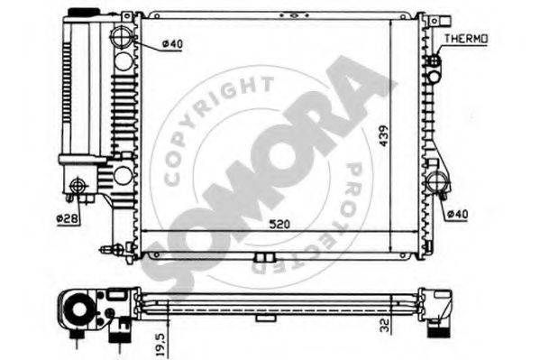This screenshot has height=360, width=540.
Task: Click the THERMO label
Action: (x=465, y=39)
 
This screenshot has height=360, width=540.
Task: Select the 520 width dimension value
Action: (x=279, y=225)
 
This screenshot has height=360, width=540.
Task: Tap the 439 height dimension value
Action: (x=384, y=136)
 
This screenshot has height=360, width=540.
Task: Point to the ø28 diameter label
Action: (x=68, y=218)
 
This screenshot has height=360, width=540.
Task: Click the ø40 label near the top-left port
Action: (x=172, y=44)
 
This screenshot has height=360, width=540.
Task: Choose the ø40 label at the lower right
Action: (x=457, y=214)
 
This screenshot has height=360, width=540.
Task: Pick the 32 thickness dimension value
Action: (x=384, y=325)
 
